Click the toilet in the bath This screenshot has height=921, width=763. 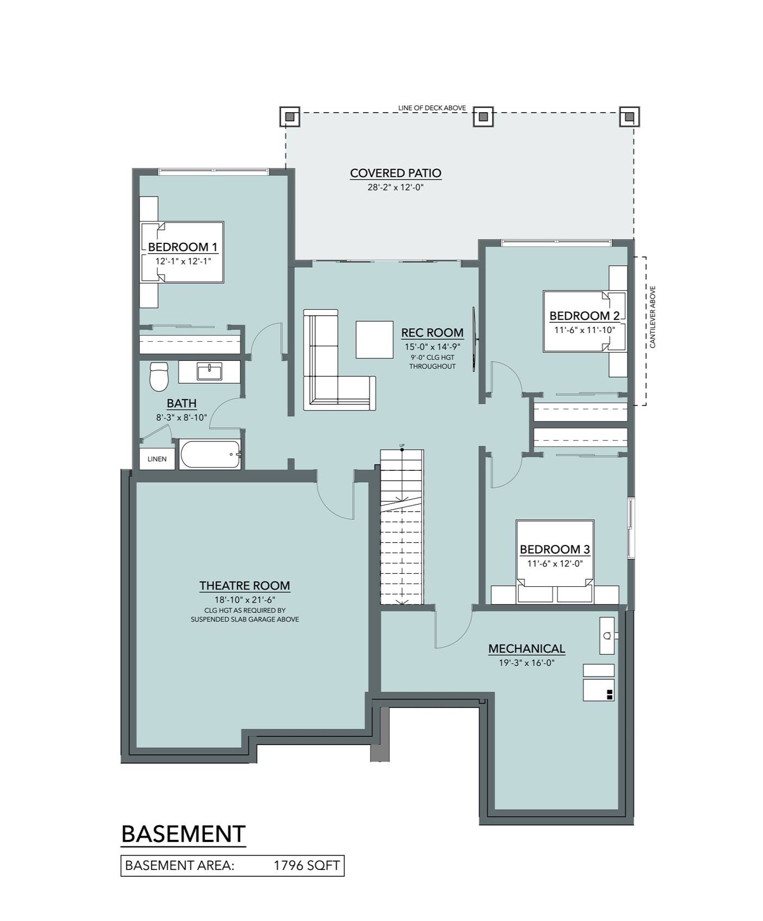[x=159, y=376]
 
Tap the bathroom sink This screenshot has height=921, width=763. [x=209, y=372]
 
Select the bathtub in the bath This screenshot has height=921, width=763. [x=211, y=455]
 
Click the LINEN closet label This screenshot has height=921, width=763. [x=157, y=459]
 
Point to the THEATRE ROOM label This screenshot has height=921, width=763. [x=245, y=586]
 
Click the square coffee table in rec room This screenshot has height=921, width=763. [x=375, y=340]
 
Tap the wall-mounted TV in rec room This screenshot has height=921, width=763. [x=474, y=340]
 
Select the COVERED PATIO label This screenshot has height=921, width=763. [x=395, y=173]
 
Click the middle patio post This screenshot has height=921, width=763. [x=483, y=116]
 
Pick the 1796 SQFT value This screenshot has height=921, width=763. [x=307, y=865]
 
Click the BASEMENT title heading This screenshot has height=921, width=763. [x=183, y=834]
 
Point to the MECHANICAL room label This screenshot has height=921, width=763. [x=526, y=649]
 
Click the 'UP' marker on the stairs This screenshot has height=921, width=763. [x=402, y=446]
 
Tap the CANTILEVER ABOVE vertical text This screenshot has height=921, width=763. [x=653, y=317]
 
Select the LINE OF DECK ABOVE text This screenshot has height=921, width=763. [x=432, y=108]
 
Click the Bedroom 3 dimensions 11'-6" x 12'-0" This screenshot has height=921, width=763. [x=555, y=564]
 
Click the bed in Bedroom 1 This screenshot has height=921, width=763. [x=182, y=252]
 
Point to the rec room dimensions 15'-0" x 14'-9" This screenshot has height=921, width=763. [x=432, y=346]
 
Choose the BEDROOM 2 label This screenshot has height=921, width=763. [x=585, y=316]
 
